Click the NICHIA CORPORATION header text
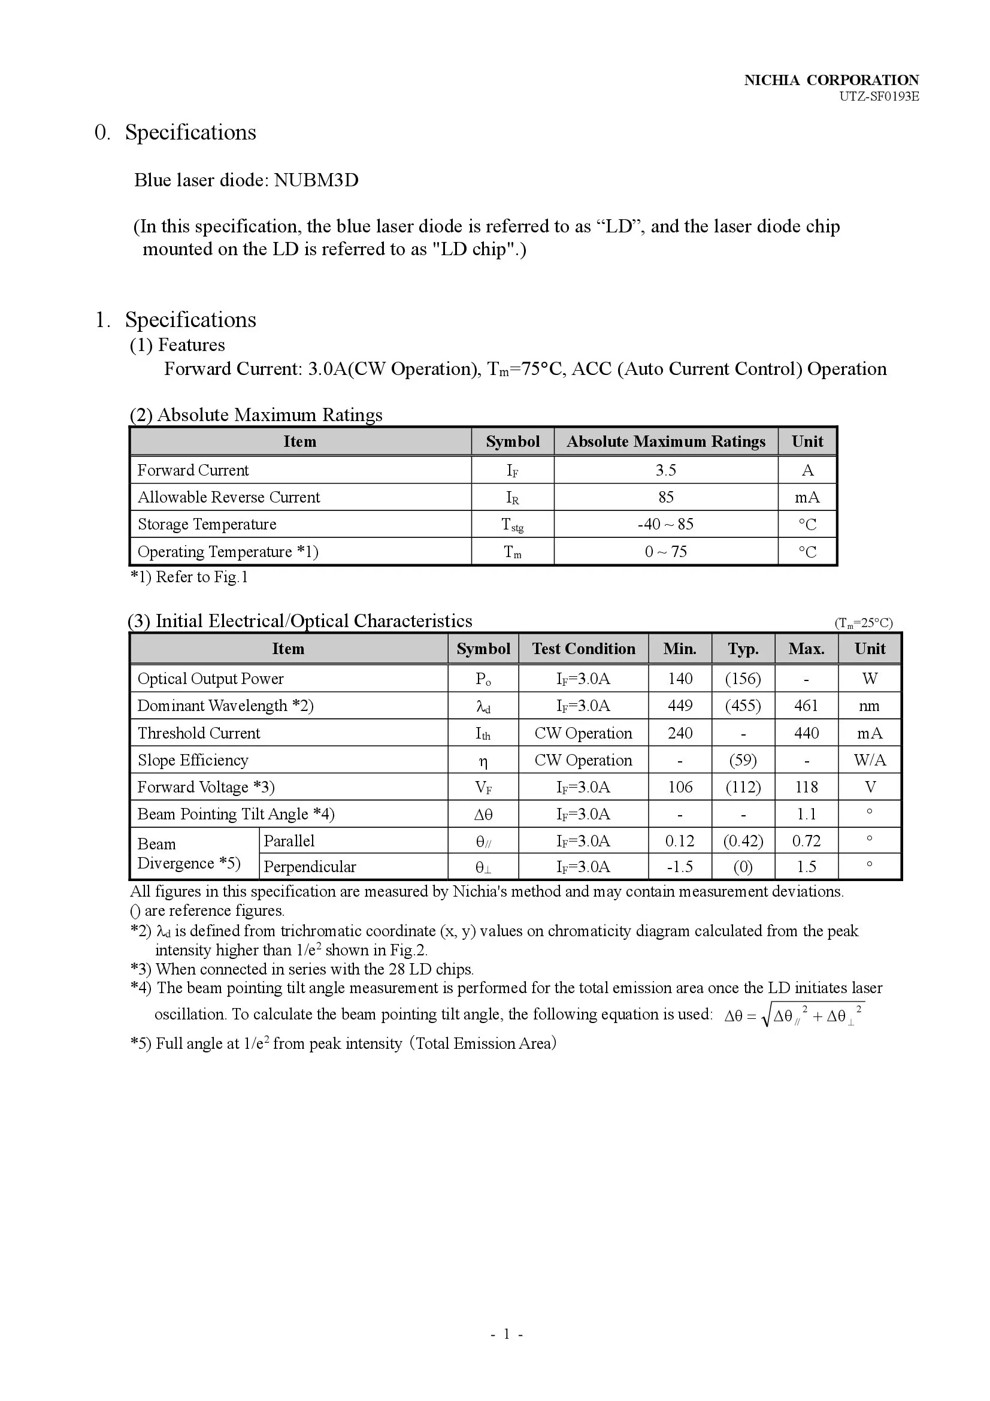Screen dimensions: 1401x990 831,80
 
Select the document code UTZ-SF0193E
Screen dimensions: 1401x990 879,96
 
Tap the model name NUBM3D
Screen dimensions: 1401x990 316,180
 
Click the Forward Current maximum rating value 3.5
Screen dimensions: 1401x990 665,470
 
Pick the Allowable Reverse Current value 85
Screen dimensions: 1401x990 665,497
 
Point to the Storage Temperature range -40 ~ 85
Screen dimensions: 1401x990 665,524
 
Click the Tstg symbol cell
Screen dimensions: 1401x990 513,524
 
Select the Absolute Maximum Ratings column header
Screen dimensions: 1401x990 665,441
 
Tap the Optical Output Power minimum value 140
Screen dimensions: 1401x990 680,679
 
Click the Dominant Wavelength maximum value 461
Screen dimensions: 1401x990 806,706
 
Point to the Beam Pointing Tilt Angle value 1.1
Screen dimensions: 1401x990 806,814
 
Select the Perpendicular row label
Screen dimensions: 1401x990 310,867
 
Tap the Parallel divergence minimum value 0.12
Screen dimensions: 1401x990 680,841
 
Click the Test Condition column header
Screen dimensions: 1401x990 583,649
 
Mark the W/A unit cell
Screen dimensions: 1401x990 869,760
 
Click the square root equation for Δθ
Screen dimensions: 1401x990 794,1016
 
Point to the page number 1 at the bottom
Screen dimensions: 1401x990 506,1351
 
